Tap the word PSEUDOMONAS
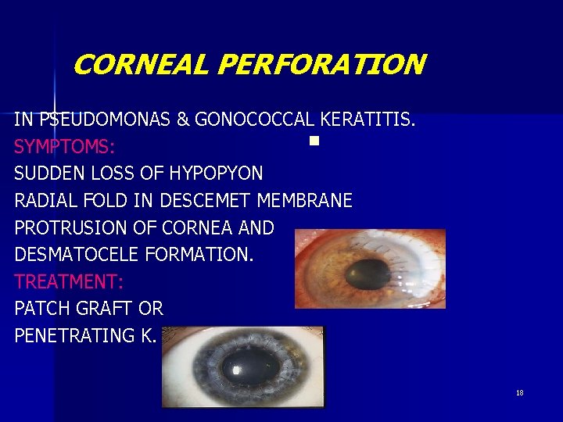[x=106, y=120]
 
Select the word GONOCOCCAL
[x=253, y=120]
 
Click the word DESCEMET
[x=210, y=201]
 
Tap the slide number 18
[x=519, y=392]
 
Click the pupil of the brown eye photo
[x=363, y=274]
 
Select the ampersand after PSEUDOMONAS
[x=185, y=120]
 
